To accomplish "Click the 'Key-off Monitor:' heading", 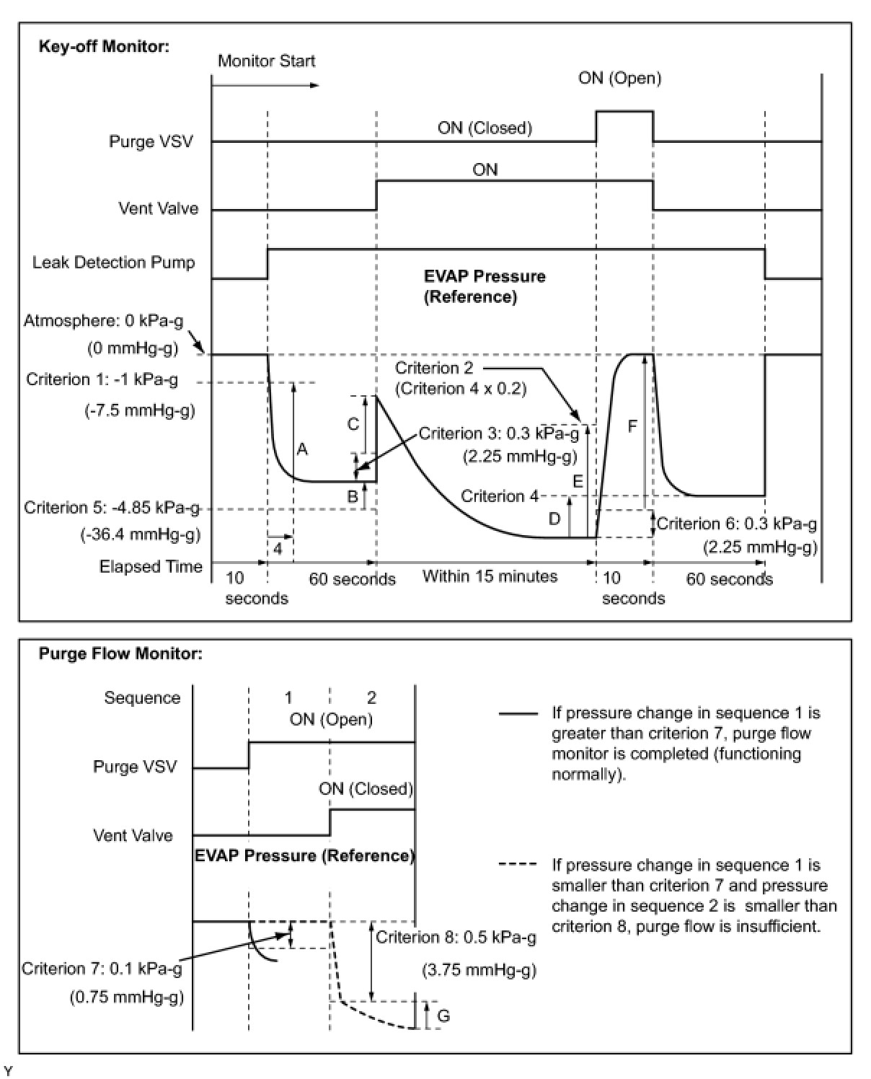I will pyautogui.click(x=104, y=47).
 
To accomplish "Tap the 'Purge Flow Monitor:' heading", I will pyautogui.click(x=120, y=654).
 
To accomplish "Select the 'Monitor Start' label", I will pyautogui.click(x=266, y=61).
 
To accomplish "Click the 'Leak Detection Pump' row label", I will pyautogui.click(x=113, y=263).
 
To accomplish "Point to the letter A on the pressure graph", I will pyautogui.click(x=302, y=449).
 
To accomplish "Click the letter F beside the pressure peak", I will pyautogui.click(x=632, y=426).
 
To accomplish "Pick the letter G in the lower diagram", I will pyautogui.click(x=443, y=1016).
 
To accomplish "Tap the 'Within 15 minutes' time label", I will pyautogui.click(x=490, y=576).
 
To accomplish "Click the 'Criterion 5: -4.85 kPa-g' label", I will pyautogui.click(x=112, y=508).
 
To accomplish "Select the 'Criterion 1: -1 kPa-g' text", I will pyautogui.click(x=102, y=379).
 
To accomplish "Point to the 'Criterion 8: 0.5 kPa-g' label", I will pyautogui.click(x=456, y=937).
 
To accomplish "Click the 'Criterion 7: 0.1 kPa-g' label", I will pyautogui.click(x=102, y=968).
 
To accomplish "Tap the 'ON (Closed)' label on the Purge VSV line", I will pyautogui.click(x=485, y=128).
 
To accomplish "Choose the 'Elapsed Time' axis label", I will pyautogui.click(x=151, y=566).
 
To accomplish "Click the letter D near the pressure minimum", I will pyautogui.click(x=554, y=519).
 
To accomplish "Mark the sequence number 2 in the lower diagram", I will pyautogui.click(x=371, y=697).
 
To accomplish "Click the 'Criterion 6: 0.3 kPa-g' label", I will pyautogui.click(x=737, y=524).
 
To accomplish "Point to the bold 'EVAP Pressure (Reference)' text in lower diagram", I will pyautogui.click(x=304, y=855).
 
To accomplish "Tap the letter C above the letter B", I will pyautogui.click(x=353, y=424).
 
